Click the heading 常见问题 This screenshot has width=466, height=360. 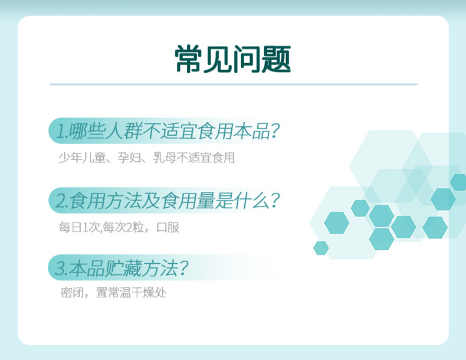tap(233, 59)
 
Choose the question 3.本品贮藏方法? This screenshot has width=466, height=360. tap(122, 269)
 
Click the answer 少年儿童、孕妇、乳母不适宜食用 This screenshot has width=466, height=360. tap(146, 158)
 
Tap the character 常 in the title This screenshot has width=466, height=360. tap(189, 59)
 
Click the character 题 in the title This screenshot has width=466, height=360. tap(277, 59)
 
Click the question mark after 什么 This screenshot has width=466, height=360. tap(273, 201)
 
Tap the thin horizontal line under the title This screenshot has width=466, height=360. tap(233, 84)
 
